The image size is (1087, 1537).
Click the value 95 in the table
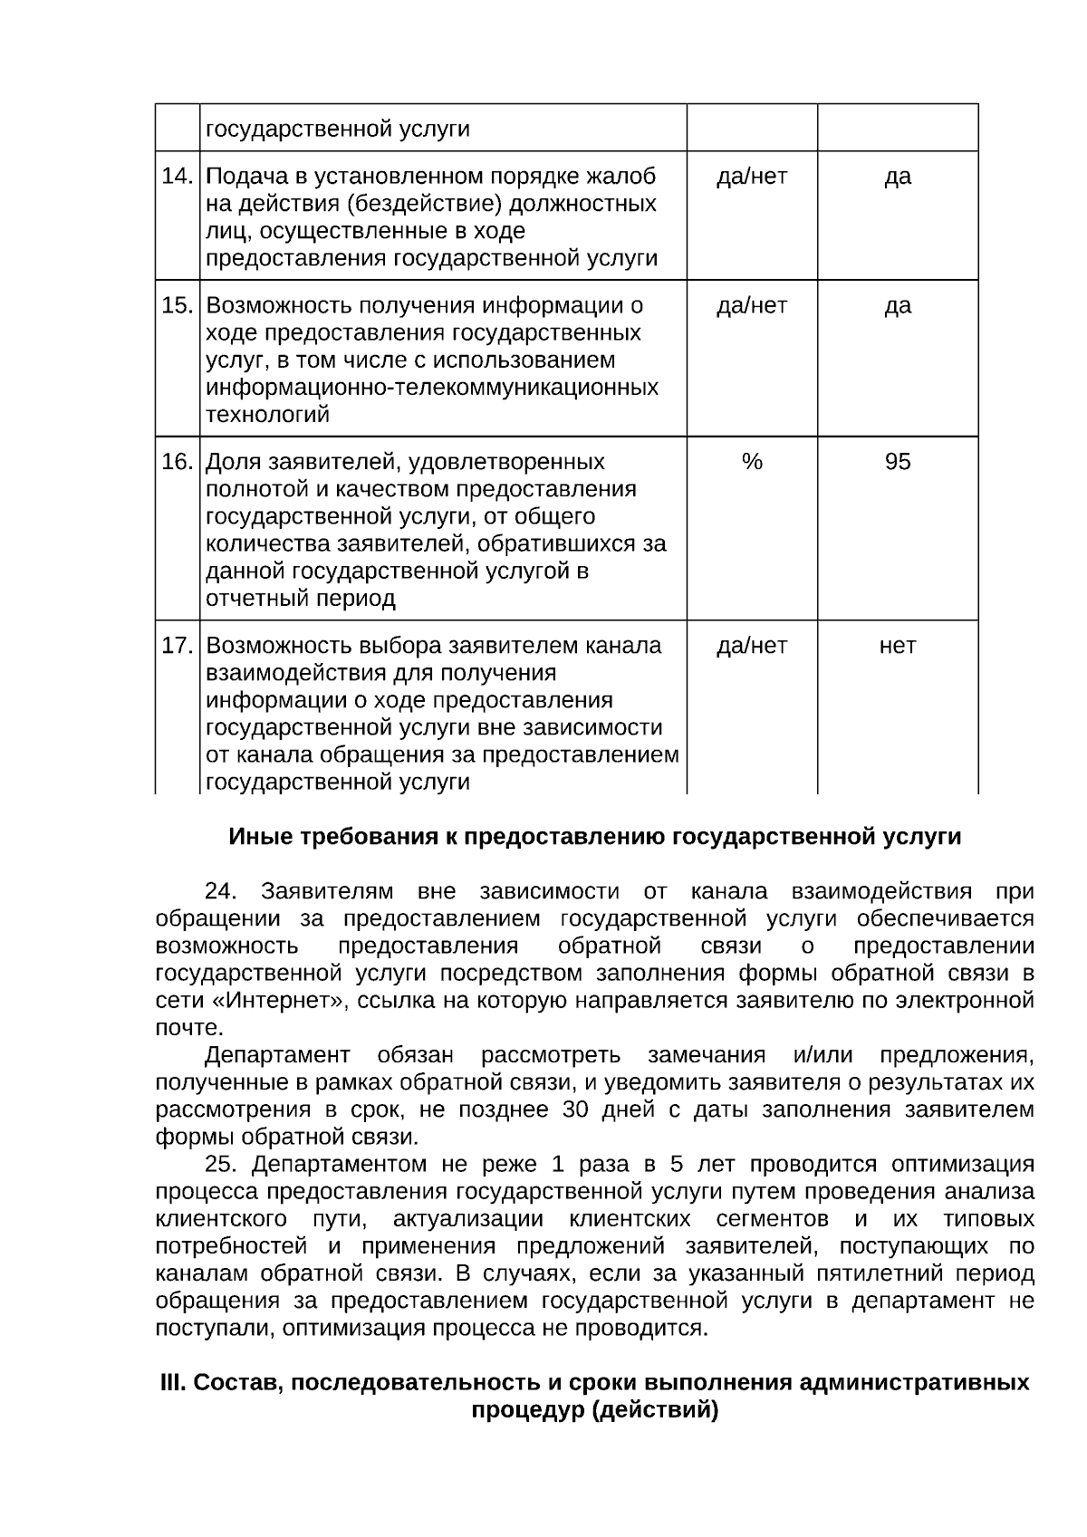(x=897, y=462)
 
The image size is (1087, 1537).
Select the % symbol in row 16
(x=752, y=462)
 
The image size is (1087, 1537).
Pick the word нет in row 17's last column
(x=897, y=646)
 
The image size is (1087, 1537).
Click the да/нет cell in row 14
(x=752, y=176)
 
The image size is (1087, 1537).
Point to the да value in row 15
(x=897, y=305)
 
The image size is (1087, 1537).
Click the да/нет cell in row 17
(x=752, y=646)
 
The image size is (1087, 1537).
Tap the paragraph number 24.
(x=221, y=892)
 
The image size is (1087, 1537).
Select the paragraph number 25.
(x=221, y=1164)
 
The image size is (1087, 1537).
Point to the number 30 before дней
(x=576, y=1110)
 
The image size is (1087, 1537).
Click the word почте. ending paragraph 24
(x=189, y=1028)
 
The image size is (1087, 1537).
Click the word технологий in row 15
(x=268, y=415)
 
